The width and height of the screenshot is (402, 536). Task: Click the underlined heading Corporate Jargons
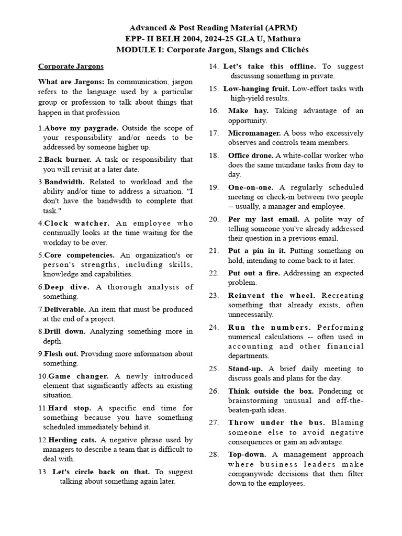pos(71,66)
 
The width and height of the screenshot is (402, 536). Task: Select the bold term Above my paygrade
pos(81,128)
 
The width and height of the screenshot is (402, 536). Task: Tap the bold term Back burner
pos(68,160)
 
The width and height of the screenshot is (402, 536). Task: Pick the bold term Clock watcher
pos(77,224)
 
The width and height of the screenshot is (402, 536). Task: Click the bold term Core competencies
pos(81,255)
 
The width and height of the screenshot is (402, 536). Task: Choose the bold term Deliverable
pos(65,309)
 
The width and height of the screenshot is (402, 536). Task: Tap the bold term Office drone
pos(251,155)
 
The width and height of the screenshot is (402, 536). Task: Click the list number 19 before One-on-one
pos(214,187)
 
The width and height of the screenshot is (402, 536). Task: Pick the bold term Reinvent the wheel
pos(272,296)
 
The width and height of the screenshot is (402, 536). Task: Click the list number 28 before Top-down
pos(214,454)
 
